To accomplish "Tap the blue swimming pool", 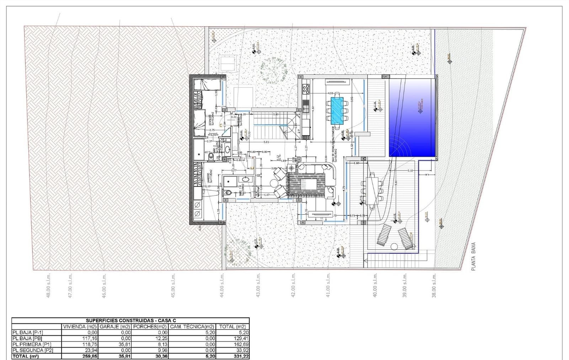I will pyautogui.click(x=412, y=117).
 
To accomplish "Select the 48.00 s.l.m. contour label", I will pyautogui.click(x=49, y=285).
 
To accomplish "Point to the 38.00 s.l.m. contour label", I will pyautogui.click(x=434, y=285).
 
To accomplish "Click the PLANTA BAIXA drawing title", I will pyautogui.click(x=473, y=257).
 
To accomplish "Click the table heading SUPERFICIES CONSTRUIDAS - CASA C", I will pyautogui.click(x=131, y=321).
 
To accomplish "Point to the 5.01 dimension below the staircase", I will pyautogui.click(x=266, y=142).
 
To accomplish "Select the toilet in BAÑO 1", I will pyautogui.click(x=228, y=193).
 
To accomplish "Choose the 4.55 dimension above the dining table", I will pyautogui.click(x=331, y=93).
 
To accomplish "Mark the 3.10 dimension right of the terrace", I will pyautogui.click(x=410, y=171).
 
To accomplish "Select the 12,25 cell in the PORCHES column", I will pyautogui.click(x=162, y=338).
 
